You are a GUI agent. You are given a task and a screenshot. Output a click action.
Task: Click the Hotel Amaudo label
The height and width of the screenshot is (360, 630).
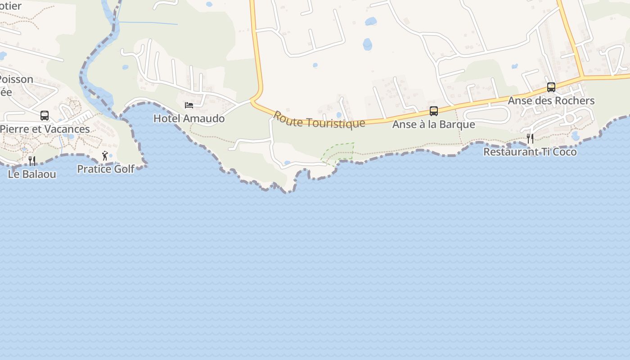point(189,118)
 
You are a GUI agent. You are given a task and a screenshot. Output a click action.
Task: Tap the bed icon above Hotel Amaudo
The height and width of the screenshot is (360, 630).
point(189,105)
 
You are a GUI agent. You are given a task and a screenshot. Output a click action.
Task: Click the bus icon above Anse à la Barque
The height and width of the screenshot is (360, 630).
point(434,111)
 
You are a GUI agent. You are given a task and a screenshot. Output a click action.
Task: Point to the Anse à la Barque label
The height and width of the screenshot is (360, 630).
point(434,124)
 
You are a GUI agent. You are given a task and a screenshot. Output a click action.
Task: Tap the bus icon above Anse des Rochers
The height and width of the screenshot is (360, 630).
point(551,87)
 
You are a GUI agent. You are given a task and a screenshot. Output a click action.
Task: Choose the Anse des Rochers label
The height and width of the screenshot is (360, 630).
point(551,101)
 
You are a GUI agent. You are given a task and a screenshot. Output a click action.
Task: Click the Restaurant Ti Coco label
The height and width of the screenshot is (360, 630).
point(530,152)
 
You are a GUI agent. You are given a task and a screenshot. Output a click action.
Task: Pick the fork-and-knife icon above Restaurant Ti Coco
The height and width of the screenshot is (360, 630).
point(530,139)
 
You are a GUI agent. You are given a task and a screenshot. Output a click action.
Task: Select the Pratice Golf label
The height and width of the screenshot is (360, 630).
point(106,169)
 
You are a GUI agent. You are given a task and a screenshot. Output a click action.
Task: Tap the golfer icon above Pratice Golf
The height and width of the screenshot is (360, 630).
point(105,156)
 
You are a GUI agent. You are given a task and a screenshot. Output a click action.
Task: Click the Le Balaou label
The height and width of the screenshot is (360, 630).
point(32,174)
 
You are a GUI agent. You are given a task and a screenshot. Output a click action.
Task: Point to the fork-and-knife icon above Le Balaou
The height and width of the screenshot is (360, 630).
point(32,161)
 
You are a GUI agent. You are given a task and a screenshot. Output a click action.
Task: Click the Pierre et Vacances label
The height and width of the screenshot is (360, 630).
point(45,129)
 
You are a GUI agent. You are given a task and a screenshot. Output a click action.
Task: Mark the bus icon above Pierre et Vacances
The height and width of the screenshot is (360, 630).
point(45,116)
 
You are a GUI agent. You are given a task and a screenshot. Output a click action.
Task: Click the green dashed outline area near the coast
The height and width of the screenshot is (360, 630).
point(338,152)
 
